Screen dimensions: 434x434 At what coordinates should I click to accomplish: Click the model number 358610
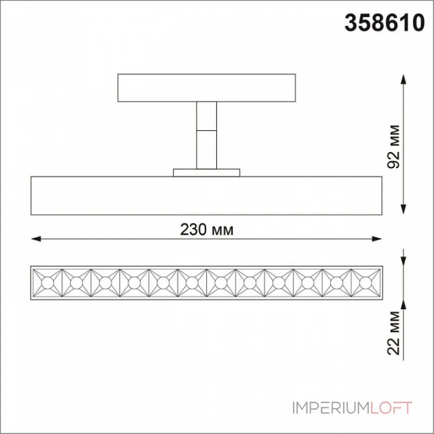(x=384, y=23)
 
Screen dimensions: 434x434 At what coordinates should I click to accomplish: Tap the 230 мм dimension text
(x=207, y=230)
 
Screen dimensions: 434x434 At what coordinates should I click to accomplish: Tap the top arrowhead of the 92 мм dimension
(x=403, y=79)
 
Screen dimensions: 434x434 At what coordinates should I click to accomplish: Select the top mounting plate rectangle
(x=207, y=88)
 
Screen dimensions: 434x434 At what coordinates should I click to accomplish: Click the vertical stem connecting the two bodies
(x=207, y=146)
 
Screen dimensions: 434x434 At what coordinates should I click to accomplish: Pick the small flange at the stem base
(x=207, y=173)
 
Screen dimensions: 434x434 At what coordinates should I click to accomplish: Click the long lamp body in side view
(x=207, y=195)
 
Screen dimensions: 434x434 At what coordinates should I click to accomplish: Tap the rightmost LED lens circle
(x=366, y=282)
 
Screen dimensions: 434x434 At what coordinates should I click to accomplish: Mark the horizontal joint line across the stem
(x=207, y=130)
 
